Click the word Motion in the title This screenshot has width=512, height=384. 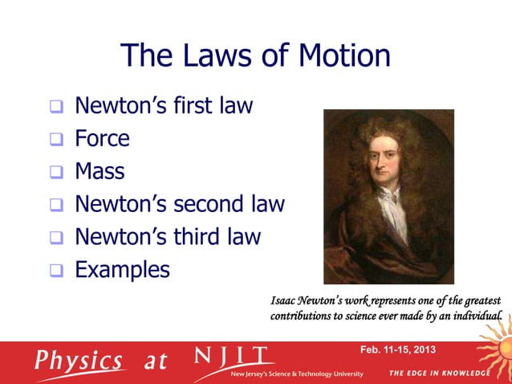click(344, 56)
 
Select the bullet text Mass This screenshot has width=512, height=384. click(100, 171)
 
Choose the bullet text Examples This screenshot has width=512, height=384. click(122, 270)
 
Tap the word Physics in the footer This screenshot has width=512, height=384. click(79, 361)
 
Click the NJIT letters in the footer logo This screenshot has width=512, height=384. click(233, 356)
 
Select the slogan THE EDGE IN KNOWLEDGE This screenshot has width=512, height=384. click(439, 374)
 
